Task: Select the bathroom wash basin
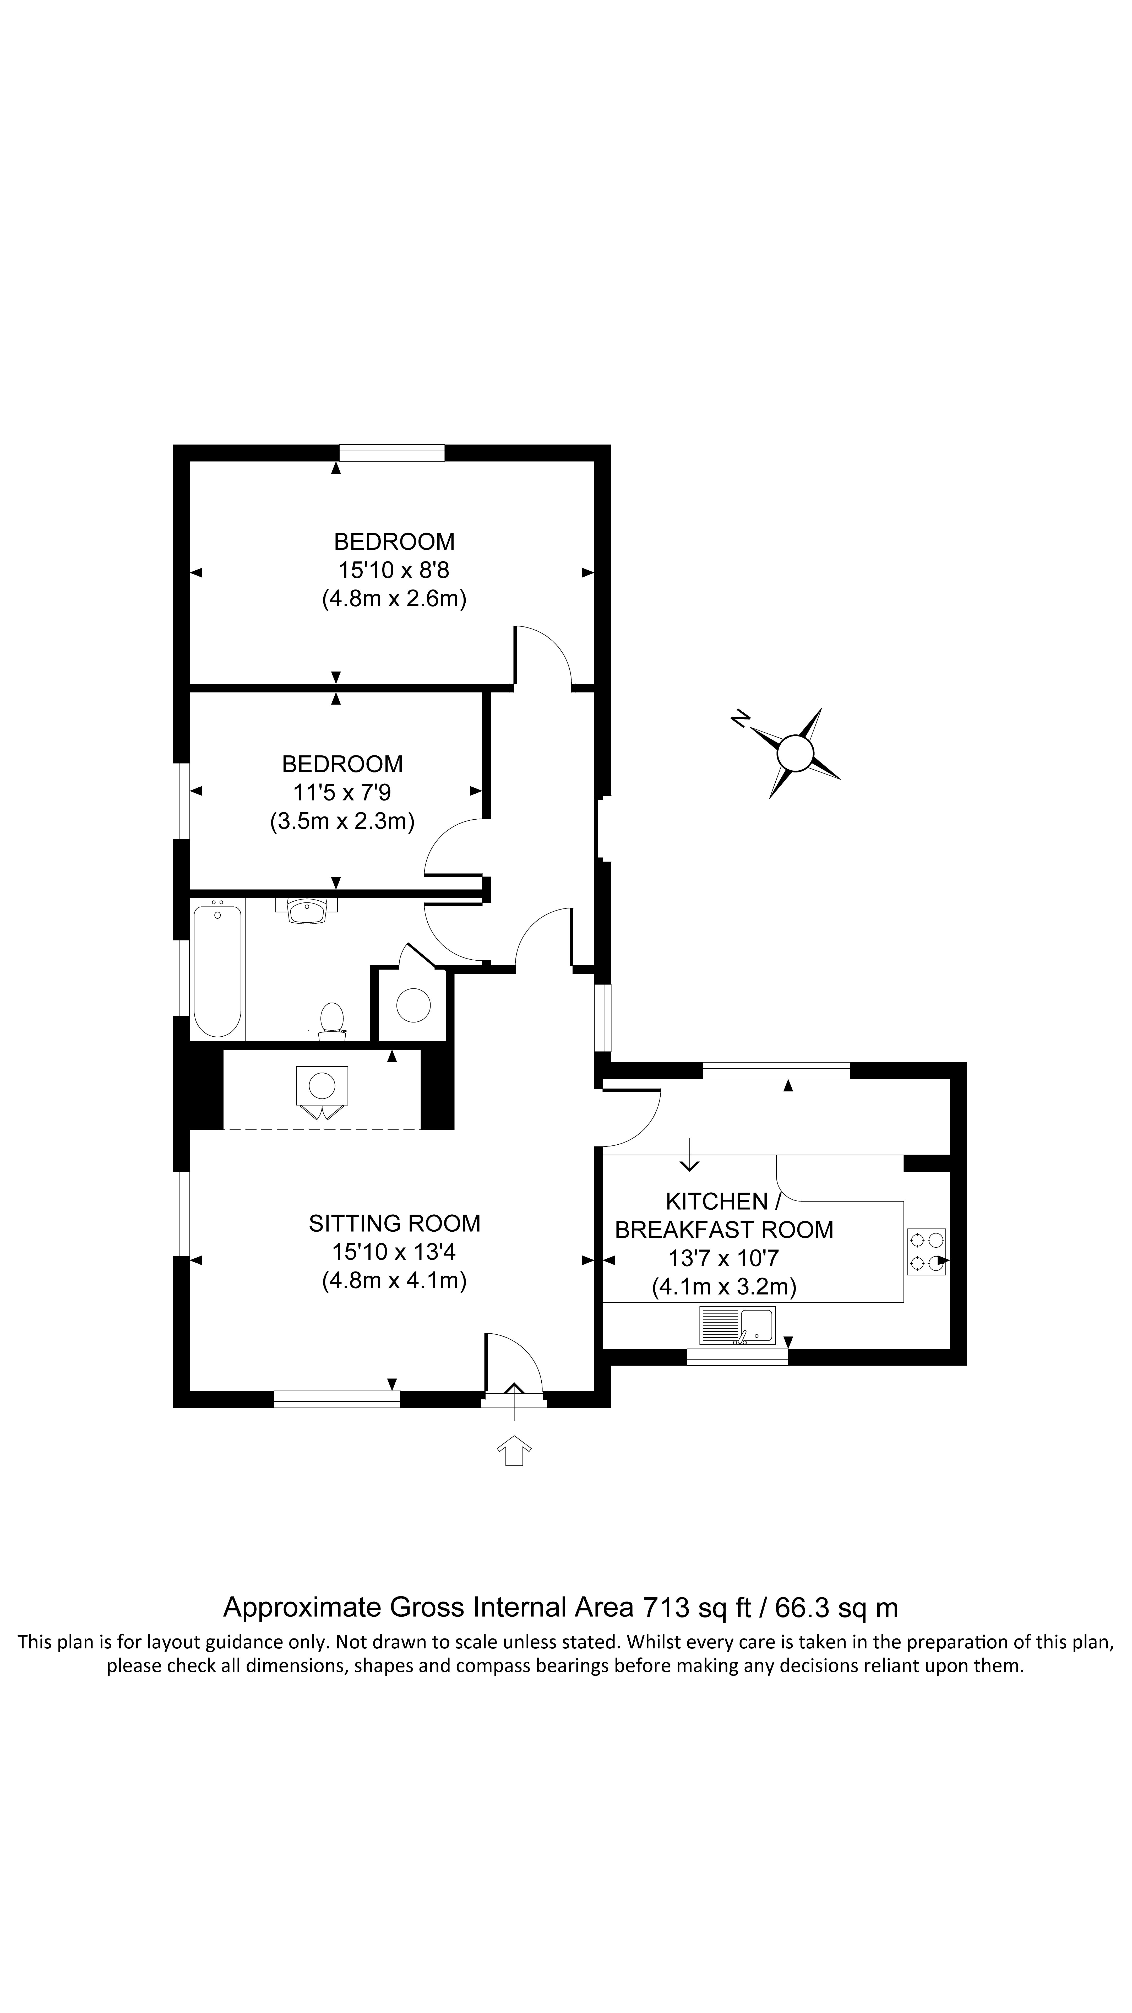pyautogui.click(x=306, y=910)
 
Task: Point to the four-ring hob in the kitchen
pyautogui.click(x=926, y=1251)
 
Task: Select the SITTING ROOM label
pyautogui.click(x=395, y=1223)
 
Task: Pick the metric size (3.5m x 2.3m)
pyautogui.click(x=342, y=821)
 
